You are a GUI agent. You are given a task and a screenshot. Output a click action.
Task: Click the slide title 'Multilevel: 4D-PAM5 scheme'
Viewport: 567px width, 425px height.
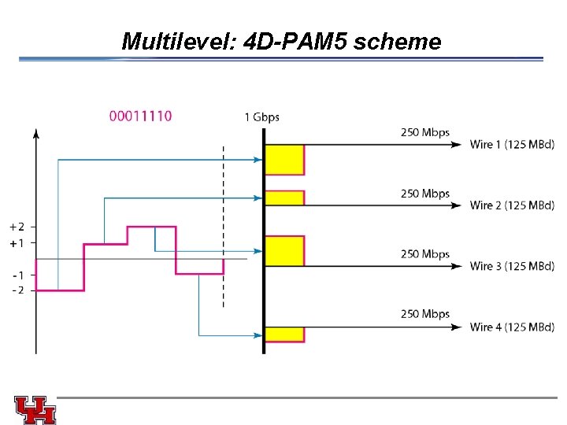pos(281,41)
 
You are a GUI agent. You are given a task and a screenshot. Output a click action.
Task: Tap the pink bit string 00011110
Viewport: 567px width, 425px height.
pos(140,116)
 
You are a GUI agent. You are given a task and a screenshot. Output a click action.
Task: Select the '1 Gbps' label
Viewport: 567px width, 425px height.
pos(261,117)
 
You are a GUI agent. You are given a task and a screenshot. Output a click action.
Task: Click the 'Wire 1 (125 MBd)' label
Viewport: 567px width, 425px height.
pos(512,144)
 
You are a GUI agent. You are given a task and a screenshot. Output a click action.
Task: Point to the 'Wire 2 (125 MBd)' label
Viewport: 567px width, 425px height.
pos(512,205)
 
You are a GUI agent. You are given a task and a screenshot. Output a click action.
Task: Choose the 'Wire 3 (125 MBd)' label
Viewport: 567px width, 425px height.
pos(512,266)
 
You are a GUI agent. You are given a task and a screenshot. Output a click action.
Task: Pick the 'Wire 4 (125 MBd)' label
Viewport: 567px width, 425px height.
pos(512,327)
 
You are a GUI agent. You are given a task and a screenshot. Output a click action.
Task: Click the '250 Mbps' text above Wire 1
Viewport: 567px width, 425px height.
pos(425,132)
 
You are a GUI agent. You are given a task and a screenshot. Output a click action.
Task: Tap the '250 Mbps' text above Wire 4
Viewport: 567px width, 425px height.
pos(425,314)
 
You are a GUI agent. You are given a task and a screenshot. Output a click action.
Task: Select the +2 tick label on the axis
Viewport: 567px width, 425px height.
pos(16,227)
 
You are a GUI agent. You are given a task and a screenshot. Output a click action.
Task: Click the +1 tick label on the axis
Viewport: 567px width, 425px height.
pos(16,243)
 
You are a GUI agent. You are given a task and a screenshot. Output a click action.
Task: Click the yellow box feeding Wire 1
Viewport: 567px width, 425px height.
pos(284,159)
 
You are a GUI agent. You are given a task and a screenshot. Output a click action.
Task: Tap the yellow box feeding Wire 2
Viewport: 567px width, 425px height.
pos(284,198)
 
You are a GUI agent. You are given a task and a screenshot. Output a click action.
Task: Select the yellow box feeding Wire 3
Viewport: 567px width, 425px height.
pos(284,250)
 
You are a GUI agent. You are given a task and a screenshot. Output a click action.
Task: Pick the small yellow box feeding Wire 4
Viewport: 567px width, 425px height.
pos(284,334)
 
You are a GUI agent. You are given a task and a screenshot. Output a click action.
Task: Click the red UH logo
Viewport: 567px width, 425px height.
pos(35,409)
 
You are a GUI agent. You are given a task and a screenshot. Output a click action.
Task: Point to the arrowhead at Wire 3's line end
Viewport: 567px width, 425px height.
pos(458,266)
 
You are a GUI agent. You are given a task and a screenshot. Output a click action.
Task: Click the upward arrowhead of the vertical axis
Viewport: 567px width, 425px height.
pos(35,135)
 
